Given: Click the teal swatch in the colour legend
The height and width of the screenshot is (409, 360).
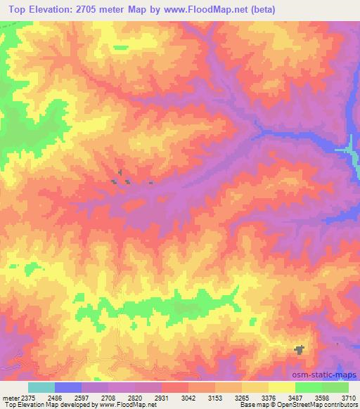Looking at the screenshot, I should [41, 387].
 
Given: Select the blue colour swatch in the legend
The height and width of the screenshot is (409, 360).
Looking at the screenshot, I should [67, 387].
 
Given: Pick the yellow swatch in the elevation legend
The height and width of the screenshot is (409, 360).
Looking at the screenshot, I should [281, 387].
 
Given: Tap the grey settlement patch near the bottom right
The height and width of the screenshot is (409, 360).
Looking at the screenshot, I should [299, 349].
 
